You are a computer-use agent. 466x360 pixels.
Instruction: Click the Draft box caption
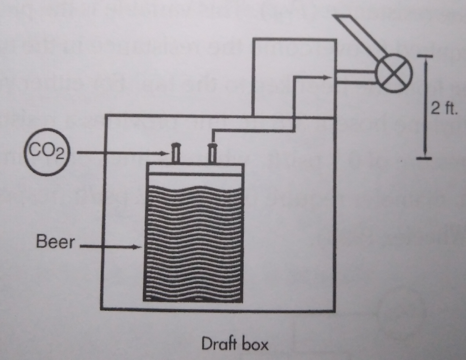234,344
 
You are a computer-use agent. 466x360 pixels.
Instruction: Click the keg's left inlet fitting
176,152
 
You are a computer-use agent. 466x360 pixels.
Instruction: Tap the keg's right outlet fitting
212,152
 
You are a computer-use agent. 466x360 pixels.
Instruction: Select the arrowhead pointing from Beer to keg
137,246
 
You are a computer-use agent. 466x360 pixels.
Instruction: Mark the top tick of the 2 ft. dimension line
425,56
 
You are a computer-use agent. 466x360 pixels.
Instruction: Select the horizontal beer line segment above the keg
254,131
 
